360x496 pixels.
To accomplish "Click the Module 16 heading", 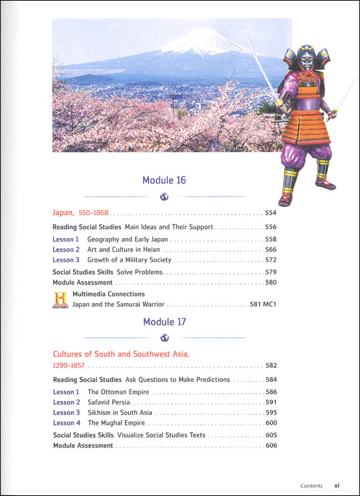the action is pos(164,180).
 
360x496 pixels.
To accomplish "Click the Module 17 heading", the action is pos(164,322).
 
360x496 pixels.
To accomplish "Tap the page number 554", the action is pos(270,213).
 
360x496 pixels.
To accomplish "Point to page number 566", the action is pos(270,249).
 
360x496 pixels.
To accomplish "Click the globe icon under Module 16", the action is pos(164,197).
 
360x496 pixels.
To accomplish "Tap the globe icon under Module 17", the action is pos(164,338).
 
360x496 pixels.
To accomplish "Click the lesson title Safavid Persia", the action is pos(111,402).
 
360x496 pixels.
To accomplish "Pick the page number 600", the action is pos(270,423).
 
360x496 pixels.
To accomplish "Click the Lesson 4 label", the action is pos(66,423).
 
